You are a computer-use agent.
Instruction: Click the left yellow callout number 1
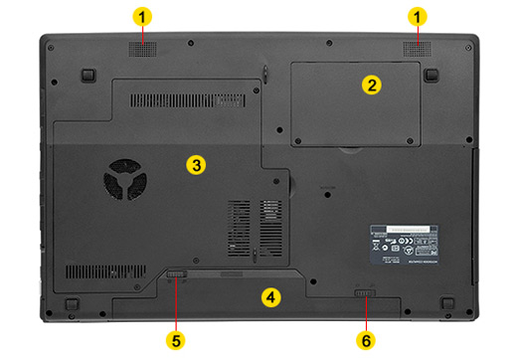coord(145,17)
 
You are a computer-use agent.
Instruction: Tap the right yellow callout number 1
coord(419,17)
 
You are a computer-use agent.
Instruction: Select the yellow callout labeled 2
coord(371,86)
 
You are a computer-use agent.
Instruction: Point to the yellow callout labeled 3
coord(197,164)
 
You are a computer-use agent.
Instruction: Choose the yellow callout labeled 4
coord(269,296)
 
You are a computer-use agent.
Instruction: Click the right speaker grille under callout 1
coord(416,49)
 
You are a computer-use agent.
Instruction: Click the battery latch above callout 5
coord(176,273)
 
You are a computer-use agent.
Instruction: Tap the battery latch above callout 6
coord(366,293)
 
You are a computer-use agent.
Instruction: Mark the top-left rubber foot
coord(88,74)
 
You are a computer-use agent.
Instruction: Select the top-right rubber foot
coord(431,74)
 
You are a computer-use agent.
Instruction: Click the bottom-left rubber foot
coord(72,301)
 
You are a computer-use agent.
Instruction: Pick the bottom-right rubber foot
coord(448,301)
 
